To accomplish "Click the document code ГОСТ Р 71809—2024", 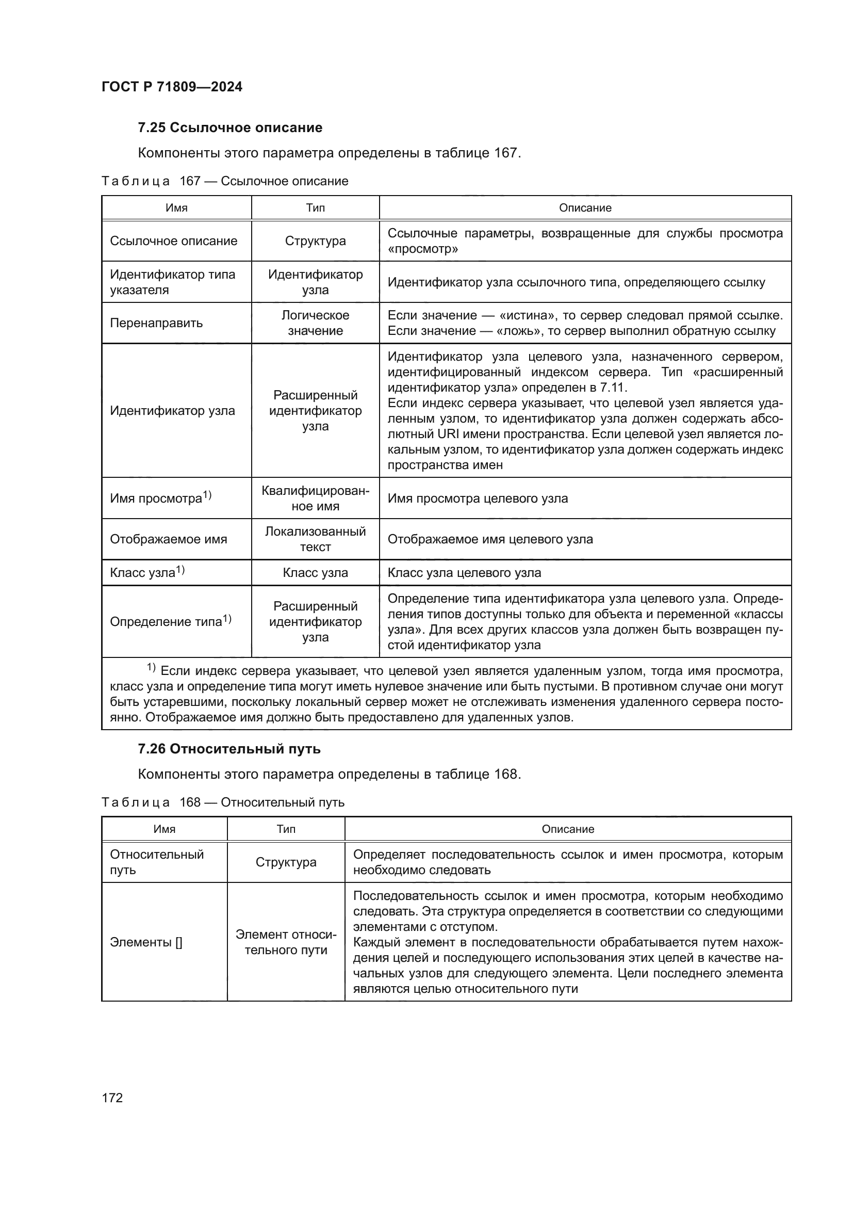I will point(172,87).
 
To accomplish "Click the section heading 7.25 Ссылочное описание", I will point(229,128).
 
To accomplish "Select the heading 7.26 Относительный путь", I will point(229,749).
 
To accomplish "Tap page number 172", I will point(112,1098).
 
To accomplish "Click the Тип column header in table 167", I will point(315,207).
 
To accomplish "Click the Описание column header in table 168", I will point(567,829).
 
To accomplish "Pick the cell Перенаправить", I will point(156,323).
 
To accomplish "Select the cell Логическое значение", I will point(315,323).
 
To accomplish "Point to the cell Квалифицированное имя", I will point(315,498).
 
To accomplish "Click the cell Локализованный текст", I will point(315,539).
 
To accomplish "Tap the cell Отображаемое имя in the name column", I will point(168,539).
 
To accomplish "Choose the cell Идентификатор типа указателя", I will point(172,282).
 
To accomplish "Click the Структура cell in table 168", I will point(286,862).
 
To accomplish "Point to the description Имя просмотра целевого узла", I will point(478,498).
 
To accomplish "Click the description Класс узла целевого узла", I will point(464,572).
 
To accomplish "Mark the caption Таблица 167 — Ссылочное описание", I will point(224,181).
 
